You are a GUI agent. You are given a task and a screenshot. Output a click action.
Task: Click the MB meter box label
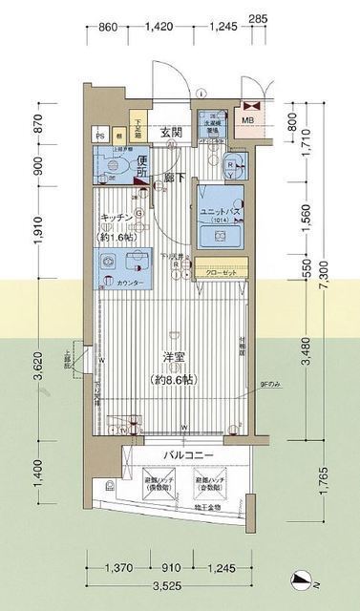[x=246, y=119]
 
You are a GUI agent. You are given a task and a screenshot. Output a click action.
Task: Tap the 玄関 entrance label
[x=171, y=132]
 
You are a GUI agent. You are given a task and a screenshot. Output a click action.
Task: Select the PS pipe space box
[x=98, y=136]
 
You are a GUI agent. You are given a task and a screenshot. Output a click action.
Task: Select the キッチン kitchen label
[x=120, y=218]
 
